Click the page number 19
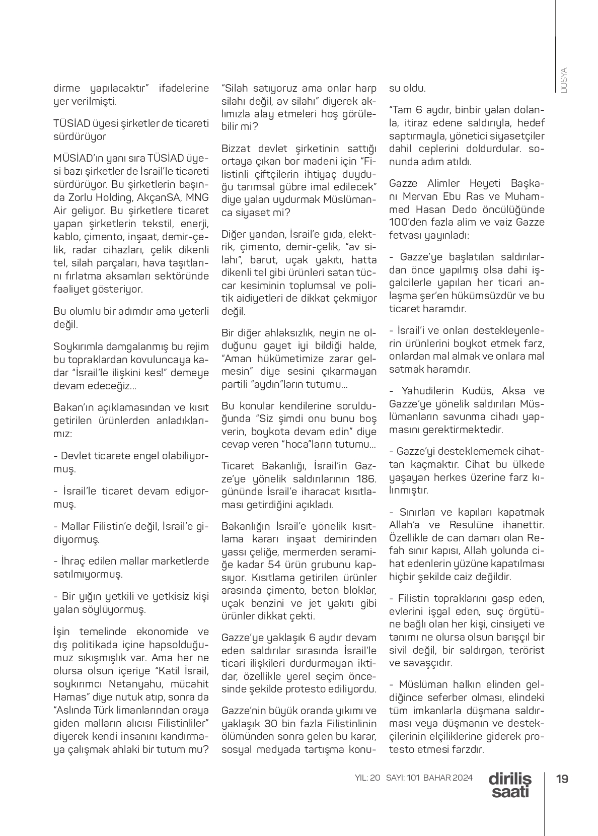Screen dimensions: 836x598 [x=562, y=779]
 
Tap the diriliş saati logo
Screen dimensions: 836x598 [x=509, y=785]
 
